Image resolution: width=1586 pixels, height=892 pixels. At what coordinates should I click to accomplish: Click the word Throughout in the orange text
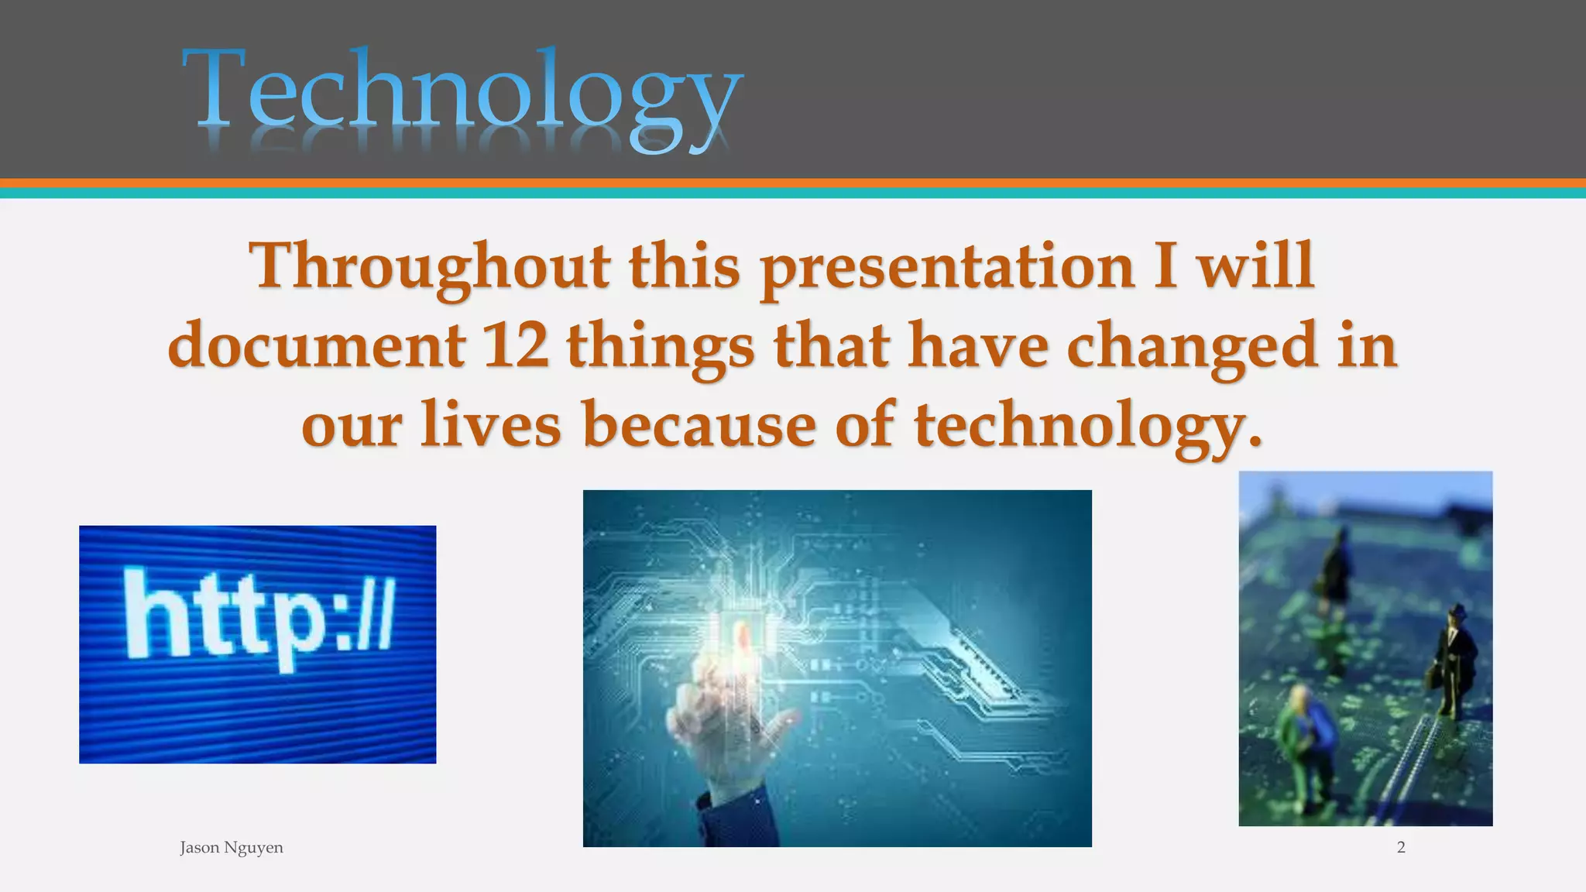pyautogui.click(x=428, y=267)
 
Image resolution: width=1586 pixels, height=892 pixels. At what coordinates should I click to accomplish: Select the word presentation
pyautogui.click(x=946, y=267)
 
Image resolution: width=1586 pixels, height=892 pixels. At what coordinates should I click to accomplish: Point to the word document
pyautogui.click(x=315, y=346)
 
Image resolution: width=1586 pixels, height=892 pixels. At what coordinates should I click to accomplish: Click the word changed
pyautogui.click(x=1191, y=346)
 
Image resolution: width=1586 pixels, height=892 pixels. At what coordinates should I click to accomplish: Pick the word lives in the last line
pyautogui.click(x=490, y=426)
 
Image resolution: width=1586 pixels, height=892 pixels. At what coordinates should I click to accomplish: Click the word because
pyautogui.click(x=699, y=426)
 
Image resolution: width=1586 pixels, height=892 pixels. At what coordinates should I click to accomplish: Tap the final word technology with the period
pyautogui.click(x=1088, y=426)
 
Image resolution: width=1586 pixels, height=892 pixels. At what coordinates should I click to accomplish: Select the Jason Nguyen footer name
pyautogui.click(x=231, y=848)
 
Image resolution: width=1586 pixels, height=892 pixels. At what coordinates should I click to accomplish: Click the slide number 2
pyautogui.click(x=1401, y=848)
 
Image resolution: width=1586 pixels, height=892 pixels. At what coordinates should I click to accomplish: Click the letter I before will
pyautogui.click(x=1165, y=267)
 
